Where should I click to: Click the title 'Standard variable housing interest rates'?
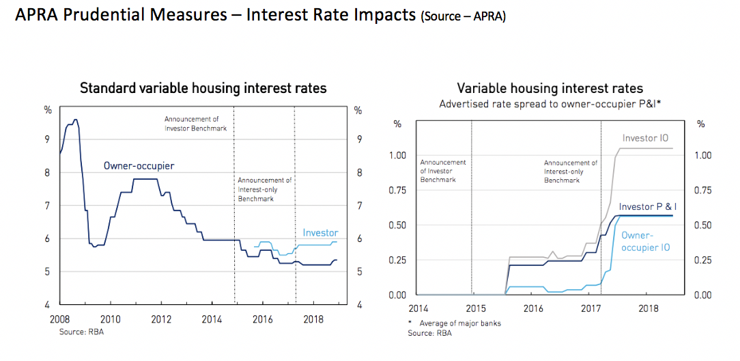(203, 88)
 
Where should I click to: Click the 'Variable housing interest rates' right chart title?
(550, 88)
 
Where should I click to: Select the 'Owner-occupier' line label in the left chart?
(139, 166)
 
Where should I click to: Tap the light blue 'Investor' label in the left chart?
(320, 233)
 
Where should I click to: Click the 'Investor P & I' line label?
(646, 207)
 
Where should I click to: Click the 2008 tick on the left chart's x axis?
(61, 319)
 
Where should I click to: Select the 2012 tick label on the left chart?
(161, 319)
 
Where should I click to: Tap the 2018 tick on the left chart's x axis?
(313, 319)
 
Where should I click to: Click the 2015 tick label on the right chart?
(476, 308)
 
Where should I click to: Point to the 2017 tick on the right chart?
(590, 308)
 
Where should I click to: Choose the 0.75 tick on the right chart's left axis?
(397, 190)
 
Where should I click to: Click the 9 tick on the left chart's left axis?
(48, 140)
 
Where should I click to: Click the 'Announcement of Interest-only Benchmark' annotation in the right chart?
(570, 172)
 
